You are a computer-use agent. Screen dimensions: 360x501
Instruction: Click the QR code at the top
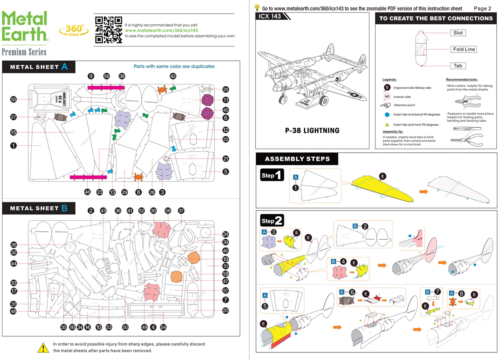click(108, 29)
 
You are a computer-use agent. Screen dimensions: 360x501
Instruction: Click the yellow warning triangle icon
click(43, 347)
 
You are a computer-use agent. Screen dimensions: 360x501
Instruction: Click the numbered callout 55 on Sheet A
click(14, 99)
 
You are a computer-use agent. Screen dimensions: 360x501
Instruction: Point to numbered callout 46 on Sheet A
click(88, 192)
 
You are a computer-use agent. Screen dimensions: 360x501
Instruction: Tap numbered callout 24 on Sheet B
click(225, 234)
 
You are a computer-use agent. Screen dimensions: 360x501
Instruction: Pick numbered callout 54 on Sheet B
click(164, 327)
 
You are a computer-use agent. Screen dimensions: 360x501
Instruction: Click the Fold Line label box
click(464, 49)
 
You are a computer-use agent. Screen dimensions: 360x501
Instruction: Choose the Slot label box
click(458, 33)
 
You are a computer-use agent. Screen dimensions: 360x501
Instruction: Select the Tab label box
click(458, 66)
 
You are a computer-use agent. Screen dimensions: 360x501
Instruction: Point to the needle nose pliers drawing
click(467, 139)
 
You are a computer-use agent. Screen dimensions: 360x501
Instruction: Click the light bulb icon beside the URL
click(258, 7)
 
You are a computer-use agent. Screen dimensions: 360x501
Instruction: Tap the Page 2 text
click(482, 8)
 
